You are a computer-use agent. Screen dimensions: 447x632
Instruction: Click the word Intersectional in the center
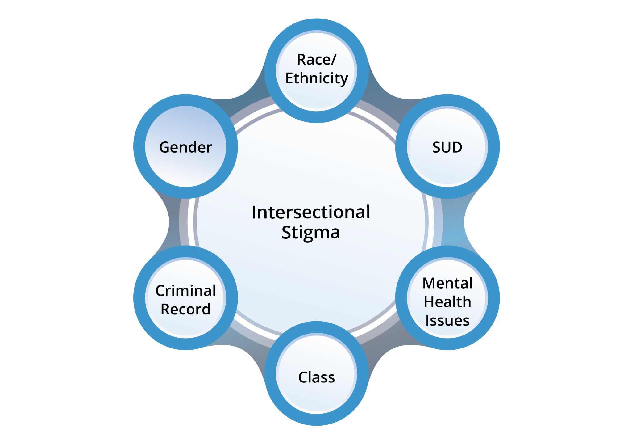[311, 212]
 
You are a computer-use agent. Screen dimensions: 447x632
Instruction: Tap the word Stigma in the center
[311, 232]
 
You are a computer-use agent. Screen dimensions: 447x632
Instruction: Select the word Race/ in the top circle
[316, 59]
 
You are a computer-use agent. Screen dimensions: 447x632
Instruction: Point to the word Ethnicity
[317, 78]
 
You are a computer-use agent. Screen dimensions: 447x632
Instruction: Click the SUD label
[447, 147]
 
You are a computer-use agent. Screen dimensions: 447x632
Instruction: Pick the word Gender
[185, 147]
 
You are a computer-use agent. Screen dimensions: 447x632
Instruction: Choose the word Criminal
[185, 291]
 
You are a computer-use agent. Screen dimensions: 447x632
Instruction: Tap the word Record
[185, 309]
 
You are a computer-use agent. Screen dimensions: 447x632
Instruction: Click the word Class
[316, 377]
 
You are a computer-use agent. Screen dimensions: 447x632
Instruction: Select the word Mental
[447, 283]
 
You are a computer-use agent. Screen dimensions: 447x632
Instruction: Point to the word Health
[447, 302]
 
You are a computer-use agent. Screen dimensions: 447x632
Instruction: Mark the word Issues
[447, 320]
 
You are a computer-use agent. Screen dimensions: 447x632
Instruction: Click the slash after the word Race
[334, 59]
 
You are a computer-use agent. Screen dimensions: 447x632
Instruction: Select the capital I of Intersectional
[254, 213]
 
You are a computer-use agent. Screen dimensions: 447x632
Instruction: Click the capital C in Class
[302, 377]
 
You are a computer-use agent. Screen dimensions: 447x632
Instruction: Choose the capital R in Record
[165, 309]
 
